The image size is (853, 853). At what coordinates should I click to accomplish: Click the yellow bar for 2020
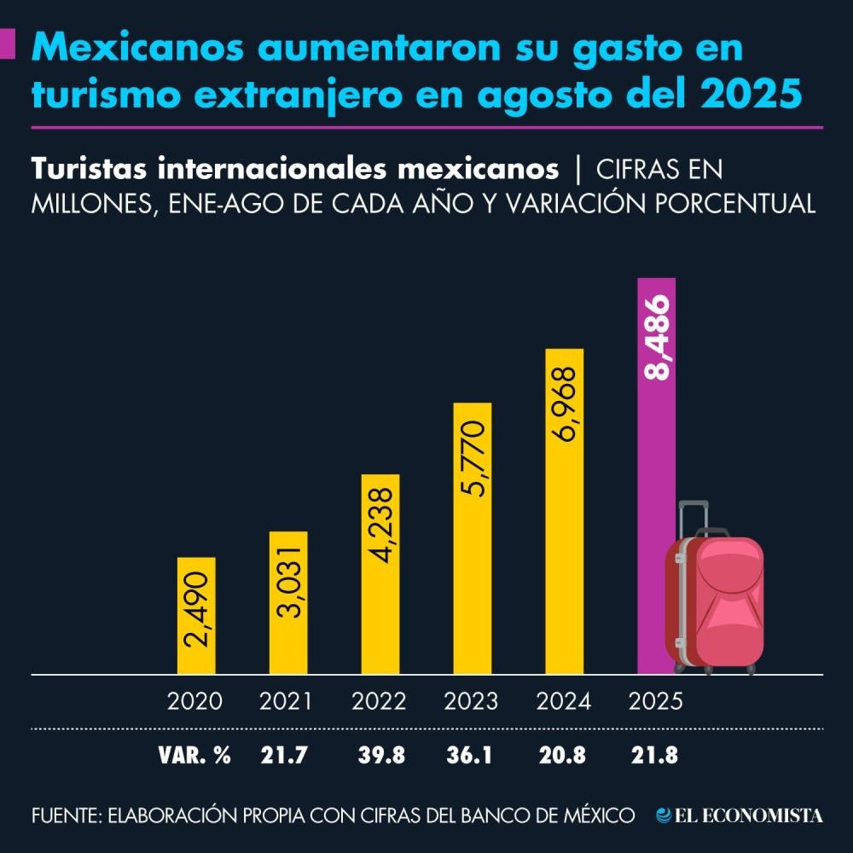click(196, 614)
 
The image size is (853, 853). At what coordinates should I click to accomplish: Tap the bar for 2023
click(472, 537)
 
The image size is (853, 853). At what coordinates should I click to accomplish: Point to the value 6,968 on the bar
click(565, 405)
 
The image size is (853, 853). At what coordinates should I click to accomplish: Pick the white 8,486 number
click(657, 339)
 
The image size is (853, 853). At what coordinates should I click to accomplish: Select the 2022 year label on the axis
click(380, 702)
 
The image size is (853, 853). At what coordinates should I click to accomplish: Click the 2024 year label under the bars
click(564, 702)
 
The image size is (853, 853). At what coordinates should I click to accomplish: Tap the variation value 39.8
click(380, 755)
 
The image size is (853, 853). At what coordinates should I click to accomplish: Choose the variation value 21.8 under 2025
click(655, 755)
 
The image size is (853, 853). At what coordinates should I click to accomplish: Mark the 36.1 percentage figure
click(471, 755)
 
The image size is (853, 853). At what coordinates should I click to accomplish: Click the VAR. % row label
click(194, 755)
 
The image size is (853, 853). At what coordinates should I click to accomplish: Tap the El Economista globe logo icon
click(663, 815)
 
